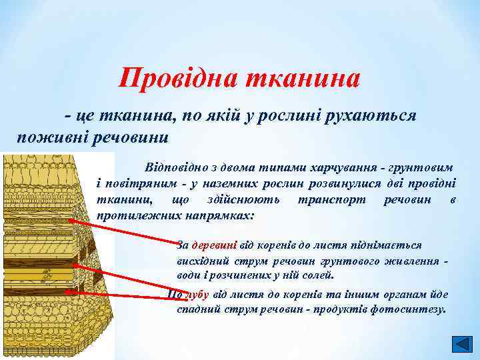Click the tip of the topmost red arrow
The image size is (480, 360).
pyautogui.click(x=69, y=220)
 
